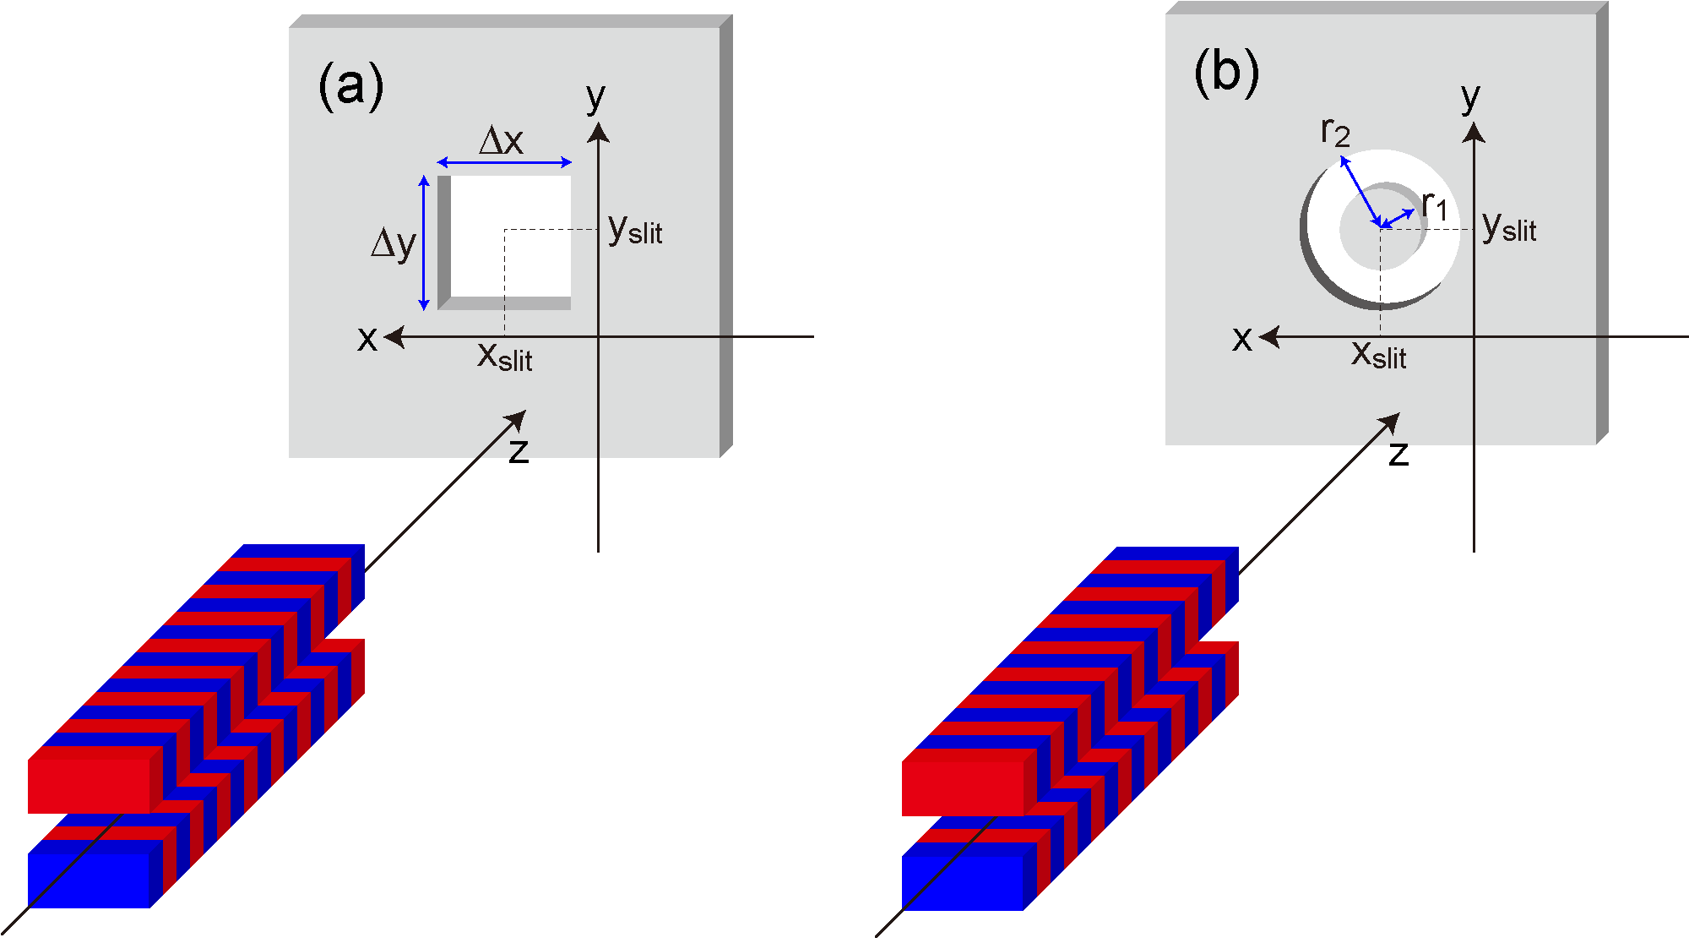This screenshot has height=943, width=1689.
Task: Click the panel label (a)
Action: (x=351, y=86)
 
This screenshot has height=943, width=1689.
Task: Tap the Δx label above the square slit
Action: (x=502, y=140)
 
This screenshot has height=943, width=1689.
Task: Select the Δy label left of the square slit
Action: (x=394, y=244)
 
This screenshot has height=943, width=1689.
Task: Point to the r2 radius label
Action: (x=1335, y=132)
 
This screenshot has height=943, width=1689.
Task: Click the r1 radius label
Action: (x=1435, y=205)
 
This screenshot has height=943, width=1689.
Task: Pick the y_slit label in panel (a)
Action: (x=635, y=229)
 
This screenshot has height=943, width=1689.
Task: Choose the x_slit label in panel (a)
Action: (x=505, y=357)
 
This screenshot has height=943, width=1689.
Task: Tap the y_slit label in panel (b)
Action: (x=1509, y=227)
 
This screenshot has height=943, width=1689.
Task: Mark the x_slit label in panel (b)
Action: (x=1379, y=355)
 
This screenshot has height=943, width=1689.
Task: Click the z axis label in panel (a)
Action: (x=519, y=451)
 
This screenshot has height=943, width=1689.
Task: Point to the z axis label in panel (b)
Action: (x=1398, y=454)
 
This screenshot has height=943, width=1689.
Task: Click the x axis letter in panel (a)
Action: (x=367, y=338)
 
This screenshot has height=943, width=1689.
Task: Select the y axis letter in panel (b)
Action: (x=1470, y=98)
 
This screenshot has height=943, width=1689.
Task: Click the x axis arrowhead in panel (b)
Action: (x=1268, y=337)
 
